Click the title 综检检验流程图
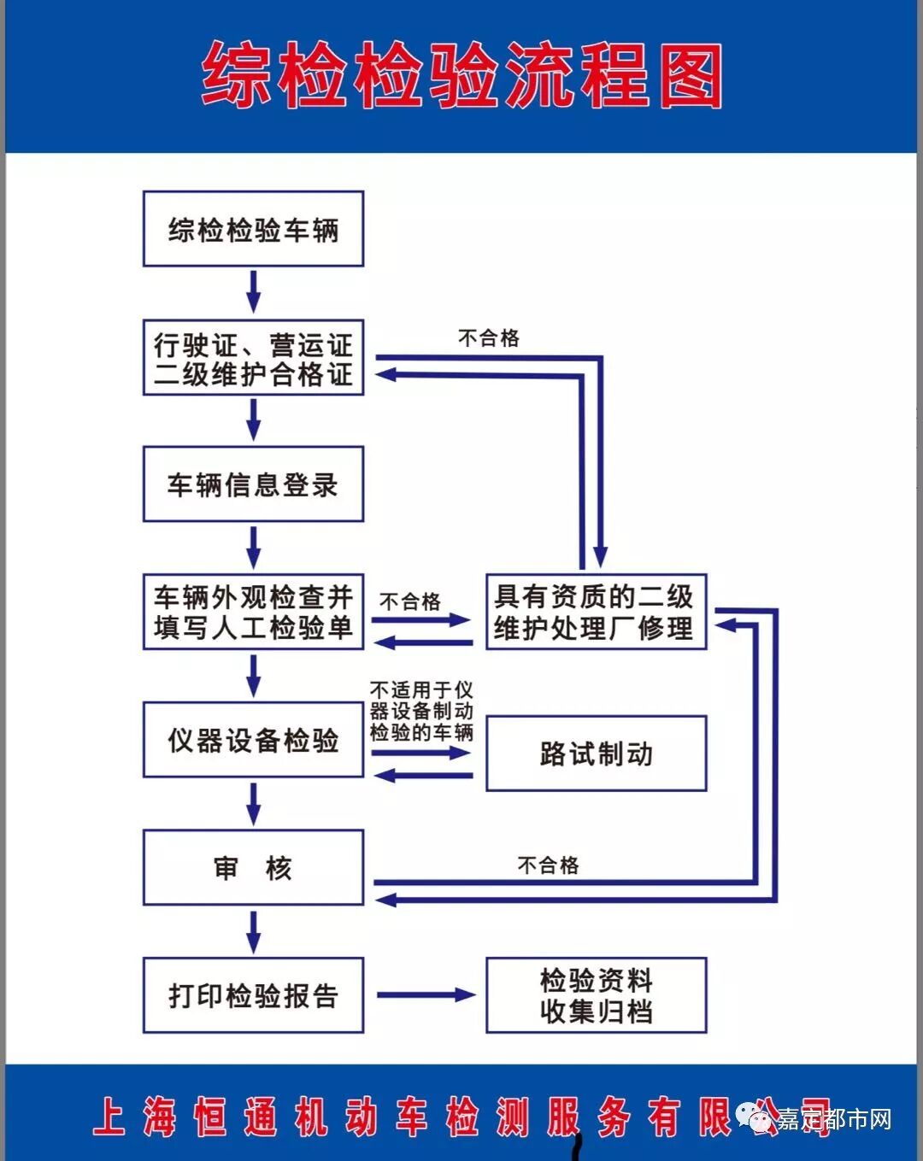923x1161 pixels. (x=461, y=77)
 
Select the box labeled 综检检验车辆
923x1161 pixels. (x=253, y=229)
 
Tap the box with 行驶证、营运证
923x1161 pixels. (x=253, y=357)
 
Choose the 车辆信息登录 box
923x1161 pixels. (x=253, y=484)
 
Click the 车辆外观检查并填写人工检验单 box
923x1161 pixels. (x=253, y=612)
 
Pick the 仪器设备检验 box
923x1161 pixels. (x=253, y=740)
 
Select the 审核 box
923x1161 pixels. (x=253, y=867)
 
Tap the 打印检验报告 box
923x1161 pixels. (x=253, y=995)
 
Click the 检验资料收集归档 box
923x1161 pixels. (x=596, y=995)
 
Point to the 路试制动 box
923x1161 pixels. (x=596, y=753)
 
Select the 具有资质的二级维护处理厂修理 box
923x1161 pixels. (x=596, y=612)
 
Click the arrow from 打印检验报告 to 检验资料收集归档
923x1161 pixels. (x=425, y=994)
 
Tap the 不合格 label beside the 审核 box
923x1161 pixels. (x=548, y=865)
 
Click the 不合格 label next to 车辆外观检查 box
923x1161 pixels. (x=410, y=601)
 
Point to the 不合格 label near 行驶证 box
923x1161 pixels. (x=489, y=337)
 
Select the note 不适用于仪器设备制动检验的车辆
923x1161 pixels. (x=421, y=710)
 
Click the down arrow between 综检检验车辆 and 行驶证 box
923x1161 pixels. (x=253, y=292)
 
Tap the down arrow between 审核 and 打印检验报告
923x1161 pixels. (x=253, y=931)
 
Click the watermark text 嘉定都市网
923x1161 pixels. (x=833, y=1119)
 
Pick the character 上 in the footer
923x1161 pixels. (x=109, y=1117)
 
